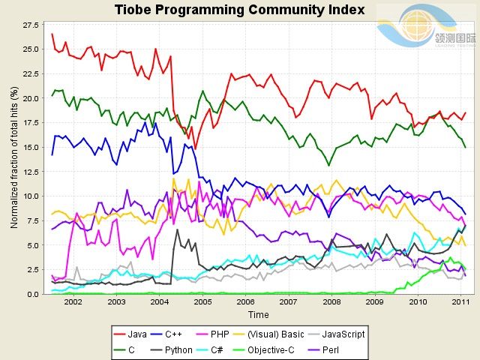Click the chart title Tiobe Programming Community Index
tap(239, 10)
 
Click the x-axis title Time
tap(259, 315)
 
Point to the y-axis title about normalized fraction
tap(13, 157)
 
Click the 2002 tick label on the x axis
tap(73, 302)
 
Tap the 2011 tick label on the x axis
tap(460, 302)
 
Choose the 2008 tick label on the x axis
tap(331, 302)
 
